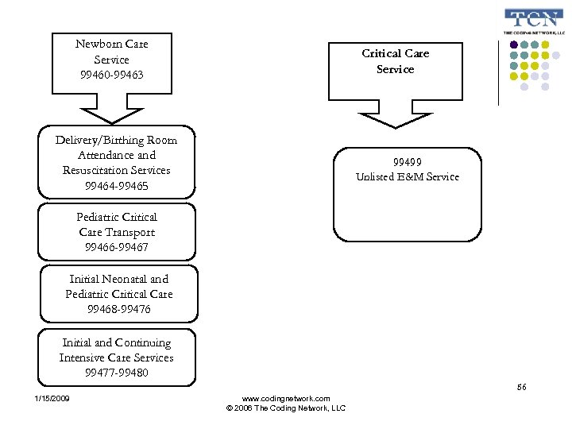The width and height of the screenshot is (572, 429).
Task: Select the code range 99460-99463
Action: (112, 75)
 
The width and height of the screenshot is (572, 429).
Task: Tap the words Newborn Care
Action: (112, 44)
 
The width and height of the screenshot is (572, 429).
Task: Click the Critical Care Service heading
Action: (395, 61)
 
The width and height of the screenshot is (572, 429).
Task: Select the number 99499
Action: (407, 161)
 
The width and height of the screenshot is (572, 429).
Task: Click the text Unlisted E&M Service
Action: (407, 176)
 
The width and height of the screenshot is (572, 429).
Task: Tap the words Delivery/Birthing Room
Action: (116, 140)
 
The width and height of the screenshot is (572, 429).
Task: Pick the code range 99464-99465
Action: (116, 186)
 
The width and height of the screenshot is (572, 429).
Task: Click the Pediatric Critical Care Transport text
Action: (117, 225)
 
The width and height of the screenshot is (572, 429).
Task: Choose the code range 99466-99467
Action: (117, 248)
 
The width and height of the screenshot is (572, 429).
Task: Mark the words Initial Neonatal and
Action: (118, 279)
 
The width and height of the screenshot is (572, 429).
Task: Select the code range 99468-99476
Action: (118, 309)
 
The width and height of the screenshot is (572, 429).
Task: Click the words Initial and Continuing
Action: (117, 342)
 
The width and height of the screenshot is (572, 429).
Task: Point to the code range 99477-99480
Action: (117, 373)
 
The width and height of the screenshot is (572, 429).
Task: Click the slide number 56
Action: (522, 387)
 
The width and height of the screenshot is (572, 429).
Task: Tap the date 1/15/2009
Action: (52, 398)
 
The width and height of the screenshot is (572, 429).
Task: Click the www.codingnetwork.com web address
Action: (285, 398)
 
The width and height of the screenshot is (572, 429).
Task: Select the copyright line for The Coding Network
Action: (285, 408)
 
